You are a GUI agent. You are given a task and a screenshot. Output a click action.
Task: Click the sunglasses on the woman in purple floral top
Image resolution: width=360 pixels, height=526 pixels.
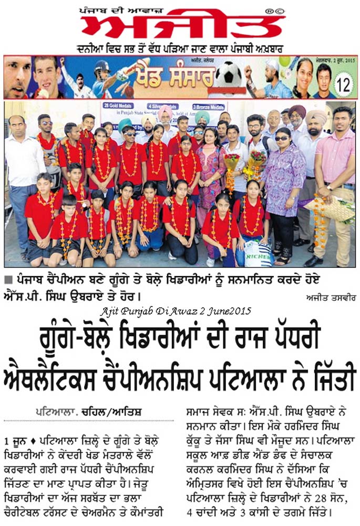point(282,138)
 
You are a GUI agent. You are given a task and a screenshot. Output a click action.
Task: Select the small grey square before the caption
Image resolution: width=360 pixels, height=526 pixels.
point(7,279)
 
